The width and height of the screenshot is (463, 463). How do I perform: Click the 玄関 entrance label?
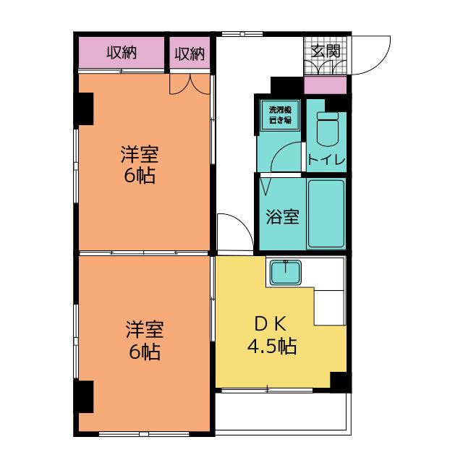point(326,51)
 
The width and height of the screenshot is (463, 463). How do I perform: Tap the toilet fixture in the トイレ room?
point(327,129)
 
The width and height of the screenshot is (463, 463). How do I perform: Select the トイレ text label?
point(326,159)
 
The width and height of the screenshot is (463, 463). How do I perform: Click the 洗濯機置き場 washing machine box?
point(280,114)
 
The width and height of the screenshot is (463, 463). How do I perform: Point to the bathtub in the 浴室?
point(326,213)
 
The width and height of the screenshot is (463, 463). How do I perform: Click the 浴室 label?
point(283,216)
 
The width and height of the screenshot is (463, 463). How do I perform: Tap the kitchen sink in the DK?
point(286,272)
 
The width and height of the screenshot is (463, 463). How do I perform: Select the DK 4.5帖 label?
point(272,335)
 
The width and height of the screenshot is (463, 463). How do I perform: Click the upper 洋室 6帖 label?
point(140,164)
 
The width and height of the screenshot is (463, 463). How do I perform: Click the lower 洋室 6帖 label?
point(145,340)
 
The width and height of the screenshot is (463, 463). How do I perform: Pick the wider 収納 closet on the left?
point(122,53)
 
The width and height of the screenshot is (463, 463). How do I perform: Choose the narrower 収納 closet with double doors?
point(190,53)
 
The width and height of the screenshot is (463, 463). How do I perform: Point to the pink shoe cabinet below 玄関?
point(325,85)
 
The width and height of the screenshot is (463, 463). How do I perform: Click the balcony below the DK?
point(283,413)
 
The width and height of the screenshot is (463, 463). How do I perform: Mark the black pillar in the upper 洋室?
point(85,109)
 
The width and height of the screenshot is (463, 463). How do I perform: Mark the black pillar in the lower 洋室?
point(85,396)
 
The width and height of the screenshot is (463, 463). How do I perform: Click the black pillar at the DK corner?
point(340,381)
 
